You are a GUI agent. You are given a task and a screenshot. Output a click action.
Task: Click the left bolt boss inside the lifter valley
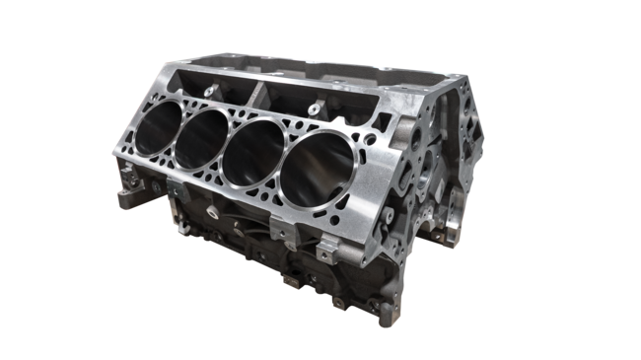point(209,90)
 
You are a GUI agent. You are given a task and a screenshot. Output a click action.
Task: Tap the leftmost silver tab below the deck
point(172,186)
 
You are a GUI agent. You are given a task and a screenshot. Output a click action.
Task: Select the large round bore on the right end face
point(424,178)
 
